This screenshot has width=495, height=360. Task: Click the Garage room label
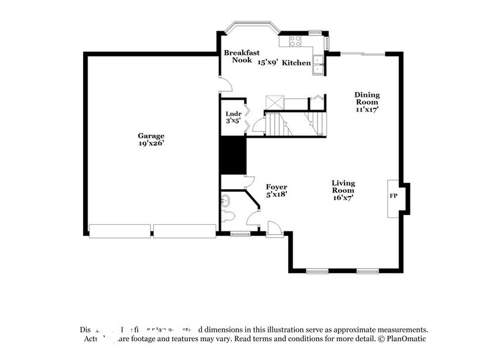pyautogui.click(x=151, y=135)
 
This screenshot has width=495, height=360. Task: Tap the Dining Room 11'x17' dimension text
pyautogui.click(x=367, y=110)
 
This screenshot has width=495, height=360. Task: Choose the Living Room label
pyautogui.click(x=343, y=187)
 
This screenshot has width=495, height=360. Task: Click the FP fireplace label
pyautogui.click(x=393, y=197)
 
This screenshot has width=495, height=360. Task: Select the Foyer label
pyautogui.click(x=277, y=187)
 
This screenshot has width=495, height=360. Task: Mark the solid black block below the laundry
pyautogui.click(x=233, y=156)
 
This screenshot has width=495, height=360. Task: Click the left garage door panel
pyautogui.click(x=120, y=230)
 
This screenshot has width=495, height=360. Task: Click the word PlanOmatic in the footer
pyautogui.click(x=405, y=339)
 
